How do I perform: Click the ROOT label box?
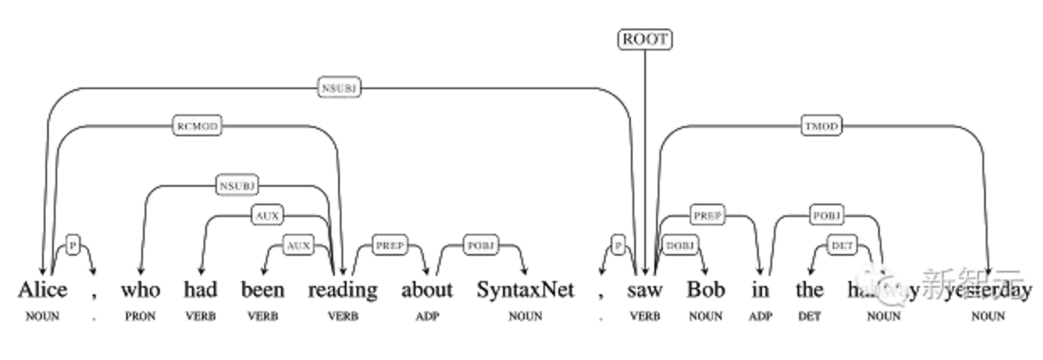(x=645, y=39)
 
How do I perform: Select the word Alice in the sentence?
(x=43, y=290)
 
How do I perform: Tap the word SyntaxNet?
(x=525, y=290)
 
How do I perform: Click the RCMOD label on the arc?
(x=197, y=126)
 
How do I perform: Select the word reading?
(x=342, y=290)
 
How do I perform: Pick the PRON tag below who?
(x=139, y=316)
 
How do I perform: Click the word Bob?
(x=706, y=290)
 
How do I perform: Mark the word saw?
(x=645, y=290)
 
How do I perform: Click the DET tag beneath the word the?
(x=809, y=316)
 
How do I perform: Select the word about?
(x=426, y=290)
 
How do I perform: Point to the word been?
(x=263, y=290)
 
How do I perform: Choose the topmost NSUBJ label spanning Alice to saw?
(x=340, y=87)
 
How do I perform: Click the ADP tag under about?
(x=426, y=316)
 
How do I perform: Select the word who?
(x=140, y=290)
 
